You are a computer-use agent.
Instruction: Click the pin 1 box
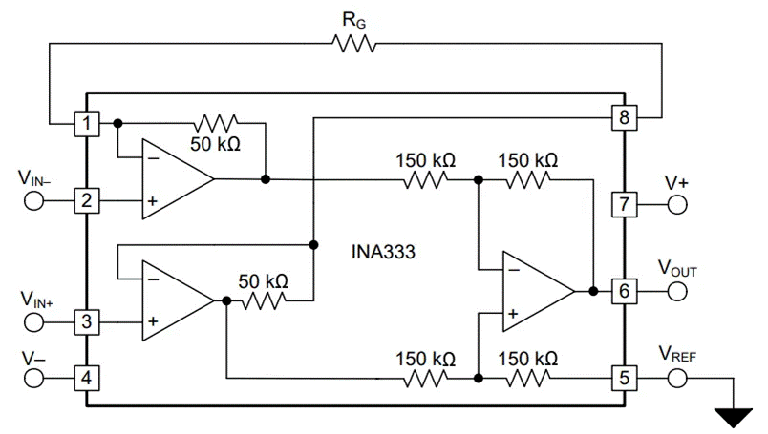coord(87,123)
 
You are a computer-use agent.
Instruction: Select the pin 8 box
coord(624,118)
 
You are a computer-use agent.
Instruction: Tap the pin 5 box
coord(624,377)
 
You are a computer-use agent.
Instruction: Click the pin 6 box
coord(624,291)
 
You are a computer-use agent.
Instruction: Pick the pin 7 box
coord(624,203)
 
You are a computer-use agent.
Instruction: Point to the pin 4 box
coord(87,377)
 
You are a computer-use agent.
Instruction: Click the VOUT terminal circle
coord(677,291)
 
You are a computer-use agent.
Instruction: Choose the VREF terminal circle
coord(677,377)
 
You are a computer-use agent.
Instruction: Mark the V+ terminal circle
coord(677,203)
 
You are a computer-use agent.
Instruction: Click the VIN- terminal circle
coord(33,201)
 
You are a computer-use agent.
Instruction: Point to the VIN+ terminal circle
coord(33,322)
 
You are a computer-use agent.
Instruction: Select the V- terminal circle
coord(33,377)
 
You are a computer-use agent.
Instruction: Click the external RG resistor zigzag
coord(353,43)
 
